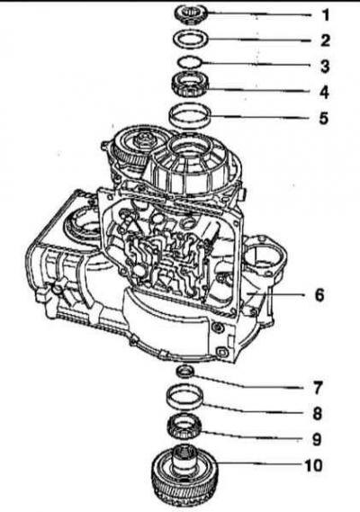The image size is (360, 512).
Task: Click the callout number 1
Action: click(x=326, y=15)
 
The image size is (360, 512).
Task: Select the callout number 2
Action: click(x=326, y=40)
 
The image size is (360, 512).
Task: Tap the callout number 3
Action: click(x=325, y=66)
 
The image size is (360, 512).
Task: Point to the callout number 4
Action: click(x=324, y=92)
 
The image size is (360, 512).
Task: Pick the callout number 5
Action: click(x=324, y=118)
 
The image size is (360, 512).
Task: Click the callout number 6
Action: click(x=319, y=294)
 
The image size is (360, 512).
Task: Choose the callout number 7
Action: click(x=318, y=388)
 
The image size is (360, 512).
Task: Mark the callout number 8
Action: click(x=317, y=413)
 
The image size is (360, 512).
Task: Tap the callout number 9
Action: click(x=317, y=439)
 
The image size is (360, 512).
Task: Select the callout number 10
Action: click(x=313, y=465)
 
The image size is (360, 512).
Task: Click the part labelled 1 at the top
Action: click(x=191, y=14)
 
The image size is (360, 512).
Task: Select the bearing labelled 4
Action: click(x=190, y=85)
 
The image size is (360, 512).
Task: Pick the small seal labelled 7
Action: click(x=185, y=372)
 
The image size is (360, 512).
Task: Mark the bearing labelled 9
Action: click(x=184, y=427)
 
